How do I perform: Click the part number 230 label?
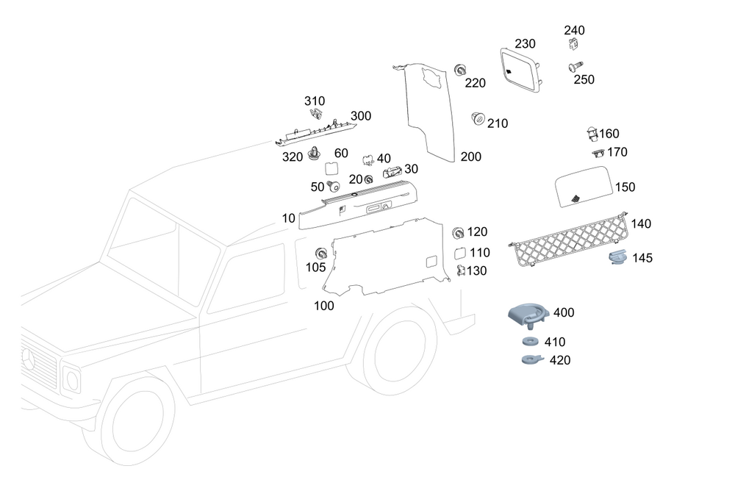[525, 44]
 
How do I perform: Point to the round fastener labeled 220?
[461, 70]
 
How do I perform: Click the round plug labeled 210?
[477, 118]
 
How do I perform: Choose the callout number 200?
[471, 157]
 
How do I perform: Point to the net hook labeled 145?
[617, 257]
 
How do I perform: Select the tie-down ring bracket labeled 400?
[528, 314]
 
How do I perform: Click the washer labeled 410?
[528, 342]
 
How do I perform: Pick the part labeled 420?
[528, 359]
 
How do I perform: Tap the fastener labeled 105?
[320, 252]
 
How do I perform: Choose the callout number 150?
[625, 187]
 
